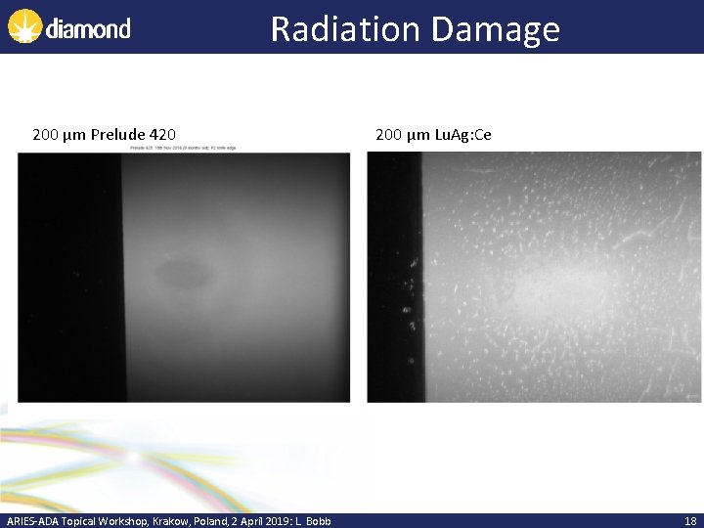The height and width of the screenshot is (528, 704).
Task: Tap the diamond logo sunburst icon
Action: [x=23, y=27]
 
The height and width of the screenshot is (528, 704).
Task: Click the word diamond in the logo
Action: [x=87, y=28]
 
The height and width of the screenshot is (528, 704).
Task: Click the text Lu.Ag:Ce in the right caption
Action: [x=462, y=134]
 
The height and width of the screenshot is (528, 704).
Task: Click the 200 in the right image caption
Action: [x=388, y=134]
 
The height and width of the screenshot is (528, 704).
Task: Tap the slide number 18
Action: [x=690, y=521]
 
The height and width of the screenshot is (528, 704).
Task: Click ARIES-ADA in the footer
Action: [x=32, y=521]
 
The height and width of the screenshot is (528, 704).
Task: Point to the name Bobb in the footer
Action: [x=317, y=521]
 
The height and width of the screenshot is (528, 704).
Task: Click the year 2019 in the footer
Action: [x=272, y=521]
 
